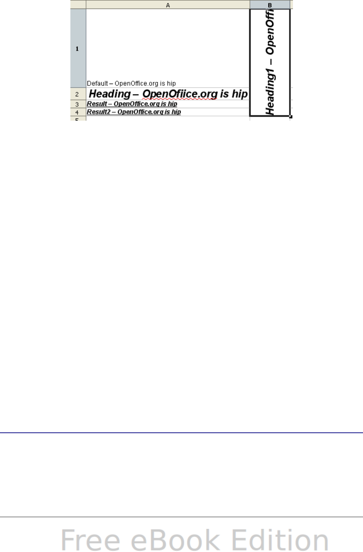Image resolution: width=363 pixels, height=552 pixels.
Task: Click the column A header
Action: pyautogui.click(x=168, y=5)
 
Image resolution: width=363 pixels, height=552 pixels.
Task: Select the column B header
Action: pyautogui.click(x=270, y=5)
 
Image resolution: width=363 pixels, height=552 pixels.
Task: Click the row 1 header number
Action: pyautogui.click(x=78, y=49)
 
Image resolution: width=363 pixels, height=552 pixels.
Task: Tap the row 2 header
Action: pyautogui.click(x=78, y=95)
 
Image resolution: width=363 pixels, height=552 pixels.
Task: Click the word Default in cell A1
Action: pyautogui.click(x=97, y=83)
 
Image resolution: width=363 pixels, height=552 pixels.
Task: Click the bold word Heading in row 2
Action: pyautogui.click(x=110, y=94)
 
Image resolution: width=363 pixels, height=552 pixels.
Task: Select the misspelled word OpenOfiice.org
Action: pyautogui.click(x=180, y=94)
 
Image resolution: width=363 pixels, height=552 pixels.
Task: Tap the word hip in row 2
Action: pyautogui.click(x=239, y=94)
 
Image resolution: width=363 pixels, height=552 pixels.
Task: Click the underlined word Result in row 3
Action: pyautogui.click(x=97, y=104)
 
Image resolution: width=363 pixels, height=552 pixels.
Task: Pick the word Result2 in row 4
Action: pyautogui.click(x=98, y=112)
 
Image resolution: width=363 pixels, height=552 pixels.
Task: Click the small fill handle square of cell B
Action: pyautogui.click(x=291, y=116)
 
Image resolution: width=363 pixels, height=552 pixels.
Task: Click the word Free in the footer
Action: pyautogui.click(x=91, y=540)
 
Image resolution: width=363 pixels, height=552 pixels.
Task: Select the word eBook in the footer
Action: pyautogui.click(x=177, y=540)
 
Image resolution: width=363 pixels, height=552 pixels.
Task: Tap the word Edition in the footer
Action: pyautogui.click(x=280, y=540)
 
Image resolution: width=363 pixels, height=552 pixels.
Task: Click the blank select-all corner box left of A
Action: pyautogui.click(x=78, y=5)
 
